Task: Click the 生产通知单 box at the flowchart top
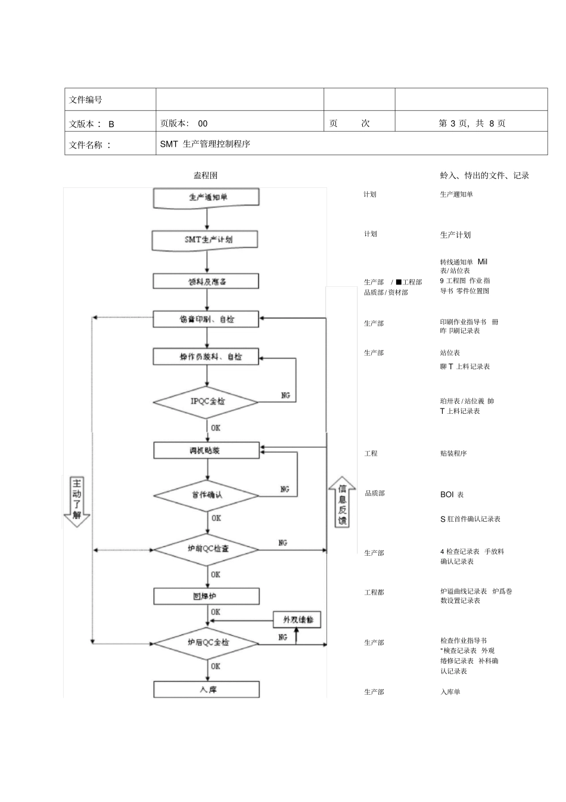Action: click(206, 197)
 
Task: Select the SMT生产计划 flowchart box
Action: click(206, 240)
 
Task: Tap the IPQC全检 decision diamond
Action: click(206, 401)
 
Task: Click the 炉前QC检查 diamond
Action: click(206, 549)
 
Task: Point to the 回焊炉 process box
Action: click(206, 596)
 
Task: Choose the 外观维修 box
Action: click(297, 620)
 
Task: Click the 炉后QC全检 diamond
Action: click(206, 643)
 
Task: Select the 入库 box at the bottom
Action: click(206, 689)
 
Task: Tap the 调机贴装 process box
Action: click(206, 450)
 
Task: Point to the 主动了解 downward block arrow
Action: click(77, 501)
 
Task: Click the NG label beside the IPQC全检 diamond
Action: click(285, 395)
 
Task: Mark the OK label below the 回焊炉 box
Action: click(215, 612)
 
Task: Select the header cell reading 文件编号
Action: click(86, 100)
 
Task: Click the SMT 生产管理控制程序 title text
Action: click(205, 144)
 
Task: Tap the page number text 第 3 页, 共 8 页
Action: click(472, 123)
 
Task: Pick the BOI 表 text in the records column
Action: click(452, 494)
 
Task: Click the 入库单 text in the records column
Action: click(450, 692)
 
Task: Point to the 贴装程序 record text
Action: click(453, 454)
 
